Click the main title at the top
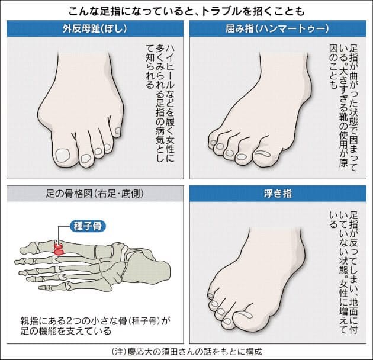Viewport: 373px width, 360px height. (186, 11)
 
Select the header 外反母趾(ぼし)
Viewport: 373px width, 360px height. (95, 28)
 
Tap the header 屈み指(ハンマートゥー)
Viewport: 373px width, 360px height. (278, 28)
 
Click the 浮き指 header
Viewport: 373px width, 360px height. (278, 194)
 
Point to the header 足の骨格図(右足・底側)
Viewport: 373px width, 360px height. (95, 194)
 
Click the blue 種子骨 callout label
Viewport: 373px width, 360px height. (88, 226)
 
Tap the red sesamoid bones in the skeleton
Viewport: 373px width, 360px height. (59, 249)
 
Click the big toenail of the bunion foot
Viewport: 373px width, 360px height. (63, 155)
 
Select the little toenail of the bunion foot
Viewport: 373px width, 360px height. (118, 131)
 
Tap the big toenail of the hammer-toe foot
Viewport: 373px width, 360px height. (263, 153)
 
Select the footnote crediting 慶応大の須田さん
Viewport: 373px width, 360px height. (186, 352)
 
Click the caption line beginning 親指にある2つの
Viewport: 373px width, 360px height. (95, 321)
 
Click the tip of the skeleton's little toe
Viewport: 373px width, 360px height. (40, 288)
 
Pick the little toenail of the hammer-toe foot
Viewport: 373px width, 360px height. (213, 143)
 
